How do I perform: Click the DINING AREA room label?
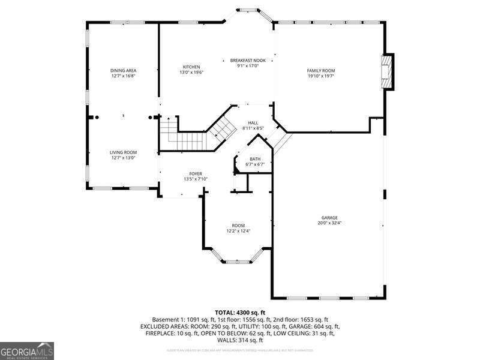click(x=123, y=71)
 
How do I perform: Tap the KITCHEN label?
click(x=191, y=67)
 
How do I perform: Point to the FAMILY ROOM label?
click(x=320, y=71)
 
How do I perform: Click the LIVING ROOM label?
click(x=123, y=152)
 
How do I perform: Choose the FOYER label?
click(x=196, y=173)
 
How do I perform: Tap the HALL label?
click(x=253, y=122)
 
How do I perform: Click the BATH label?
click(x=255, y=159)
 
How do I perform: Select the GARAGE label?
click(x=329, y=217)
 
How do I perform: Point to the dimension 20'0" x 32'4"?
click(x=329, y=223)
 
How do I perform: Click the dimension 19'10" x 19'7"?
click(x=320, y=76)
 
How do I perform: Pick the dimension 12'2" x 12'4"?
click(x=238, y=231)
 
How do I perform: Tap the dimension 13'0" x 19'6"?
click(x=191, y=72)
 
